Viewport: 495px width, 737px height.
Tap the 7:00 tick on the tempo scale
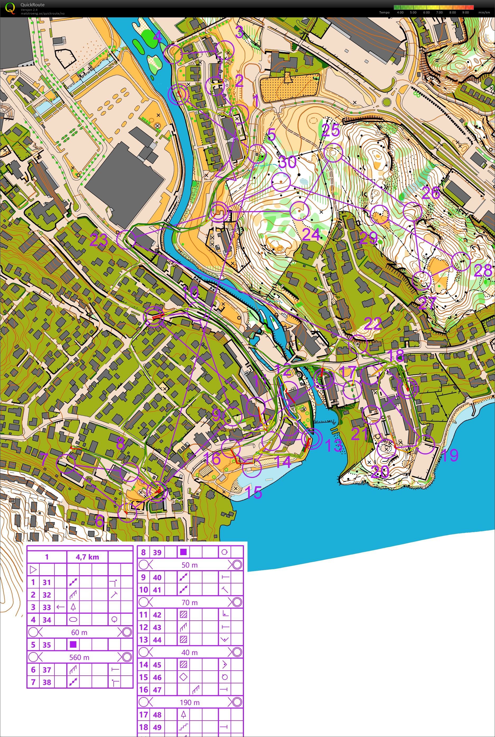pyautogui.click(x=439, y=13)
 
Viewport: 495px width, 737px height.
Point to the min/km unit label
pyautogui.click(x=484, y=13)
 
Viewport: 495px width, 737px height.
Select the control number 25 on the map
pyautogui.click(x=331, y=130)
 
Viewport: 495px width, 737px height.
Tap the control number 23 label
pyautogui.click(x=99, y=241)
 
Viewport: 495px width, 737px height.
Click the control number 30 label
pyautogui.click(x=288, y=162)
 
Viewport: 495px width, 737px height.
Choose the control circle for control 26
pyautogui.click(x=413, y=211)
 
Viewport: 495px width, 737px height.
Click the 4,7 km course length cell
pyautogui.click(x=87, y=557)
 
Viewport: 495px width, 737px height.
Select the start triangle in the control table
pyautogui.click(x=33, y=570)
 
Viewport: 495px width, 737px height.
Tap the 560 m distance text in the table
pyautogui.click(x=79, y=657)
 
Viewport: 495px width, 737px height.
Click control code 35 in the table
pyautogui.click(x=47, y=645)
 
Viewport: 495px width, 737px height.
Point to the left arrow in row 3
pyautogui.click(x=60, y=607)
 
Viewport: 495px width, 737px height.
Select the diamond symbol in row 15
pyautogui.click(x=183, y=677)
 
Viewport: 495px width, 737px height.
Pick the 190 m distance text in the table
pyautogui.click(x=190, y=702)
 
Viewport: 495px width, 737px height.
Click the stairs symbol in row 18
pyautogui.click(x=183, y=727)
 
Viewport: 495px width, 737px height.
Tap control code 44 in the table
pyautogui.click(x=157, y=640)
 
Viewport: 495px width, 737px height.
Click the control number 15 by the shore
pyautogui.click(x=253, y=492)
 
